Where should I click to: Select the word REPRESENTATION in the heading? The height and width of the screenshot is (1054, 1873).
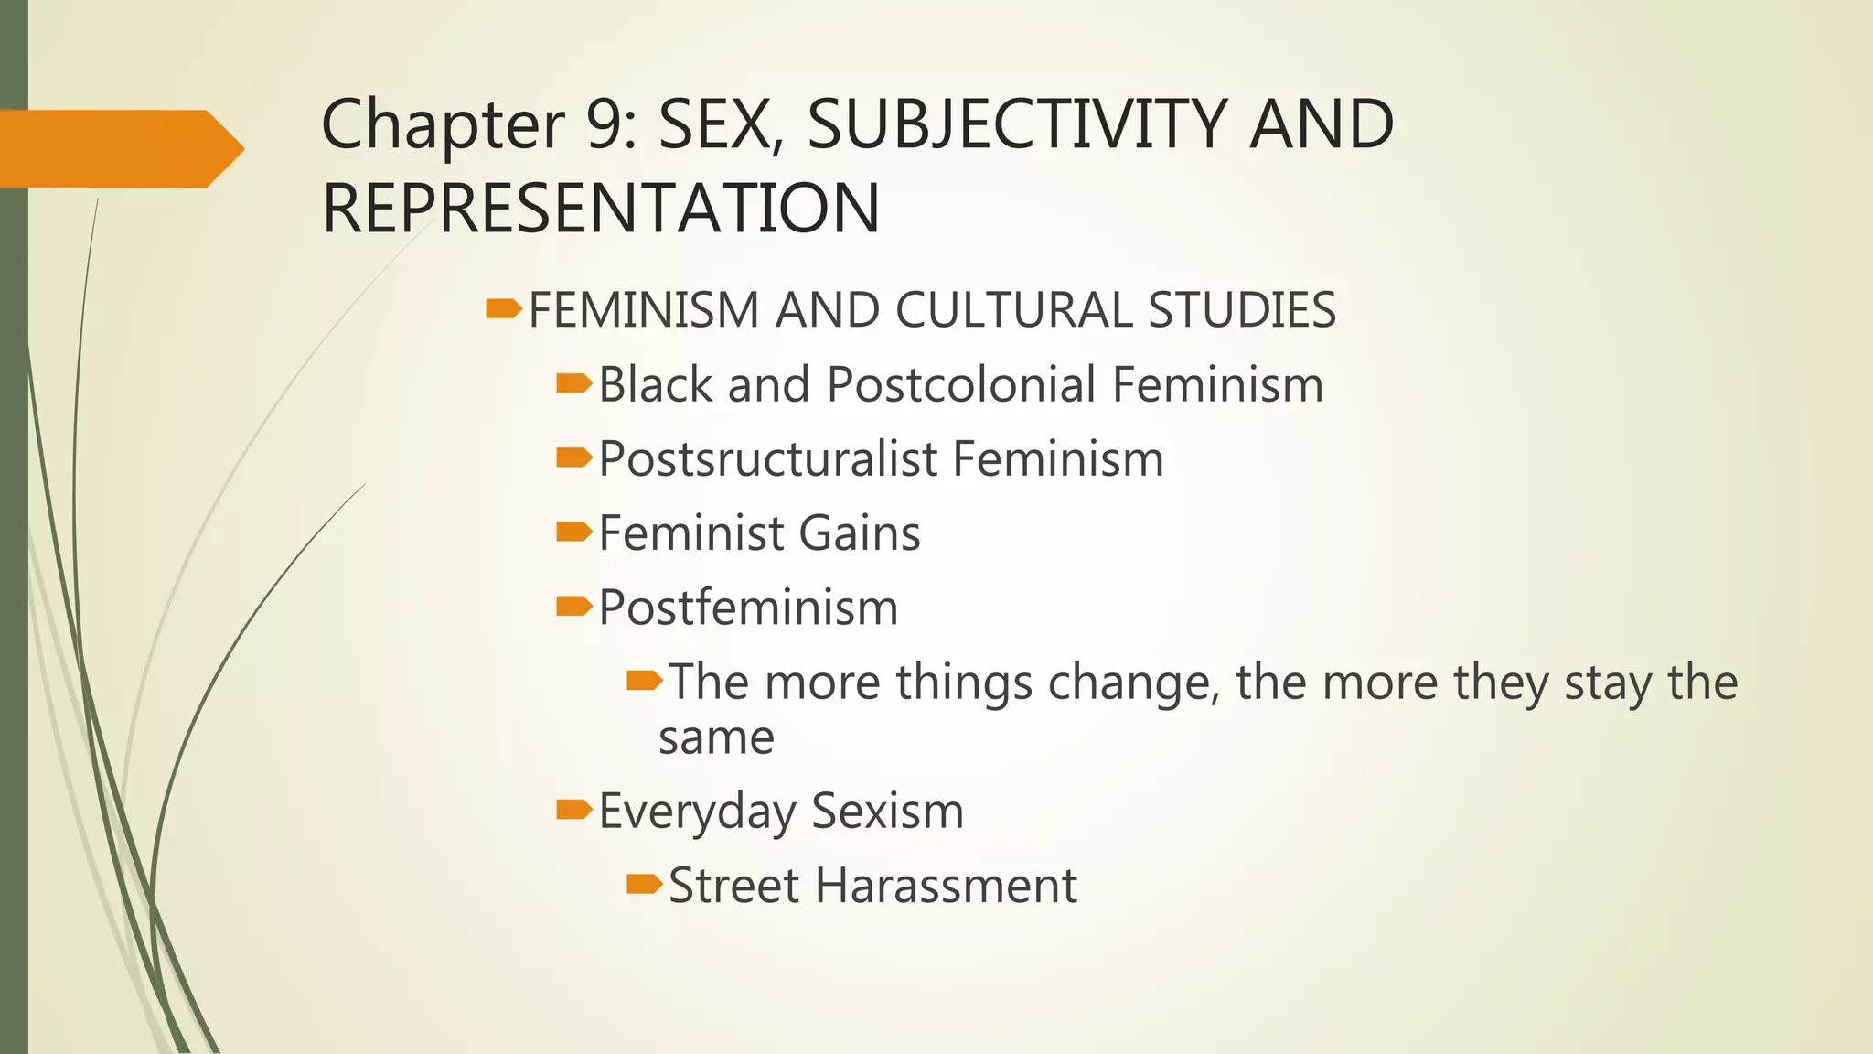click(601, 209)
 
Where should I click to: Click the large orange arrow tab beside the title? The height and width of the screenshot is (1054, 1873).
click(119, 148)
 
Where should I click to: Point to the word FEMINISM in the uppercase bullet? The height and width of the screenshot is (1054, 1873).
click(644, 310)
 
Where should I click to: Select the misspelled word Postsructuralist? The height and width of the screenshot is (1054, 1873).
click(767, 458)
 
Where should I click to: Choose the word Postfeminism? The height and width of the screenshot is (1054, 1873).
click(748, 608)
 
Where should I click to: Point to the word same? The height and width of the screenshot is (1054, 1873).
click(716, 737)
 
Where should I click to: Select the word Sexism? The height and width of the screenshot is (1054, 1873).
click(887, 812)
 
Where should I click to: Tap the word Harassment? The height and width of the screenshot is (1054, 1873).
click(946, 886)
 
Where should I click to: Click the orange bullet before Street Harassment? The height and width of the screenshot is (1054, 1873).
click(644, 884)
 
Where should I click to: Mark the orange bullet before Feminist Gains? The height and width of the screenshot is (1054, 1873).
click(573, 532)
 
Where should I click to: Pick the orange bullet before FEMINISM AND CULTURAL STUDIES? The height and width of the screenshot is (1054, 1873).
click(503, 308)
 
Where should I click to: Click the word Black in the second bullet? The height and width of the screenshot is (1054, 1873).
click(655, 384)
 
